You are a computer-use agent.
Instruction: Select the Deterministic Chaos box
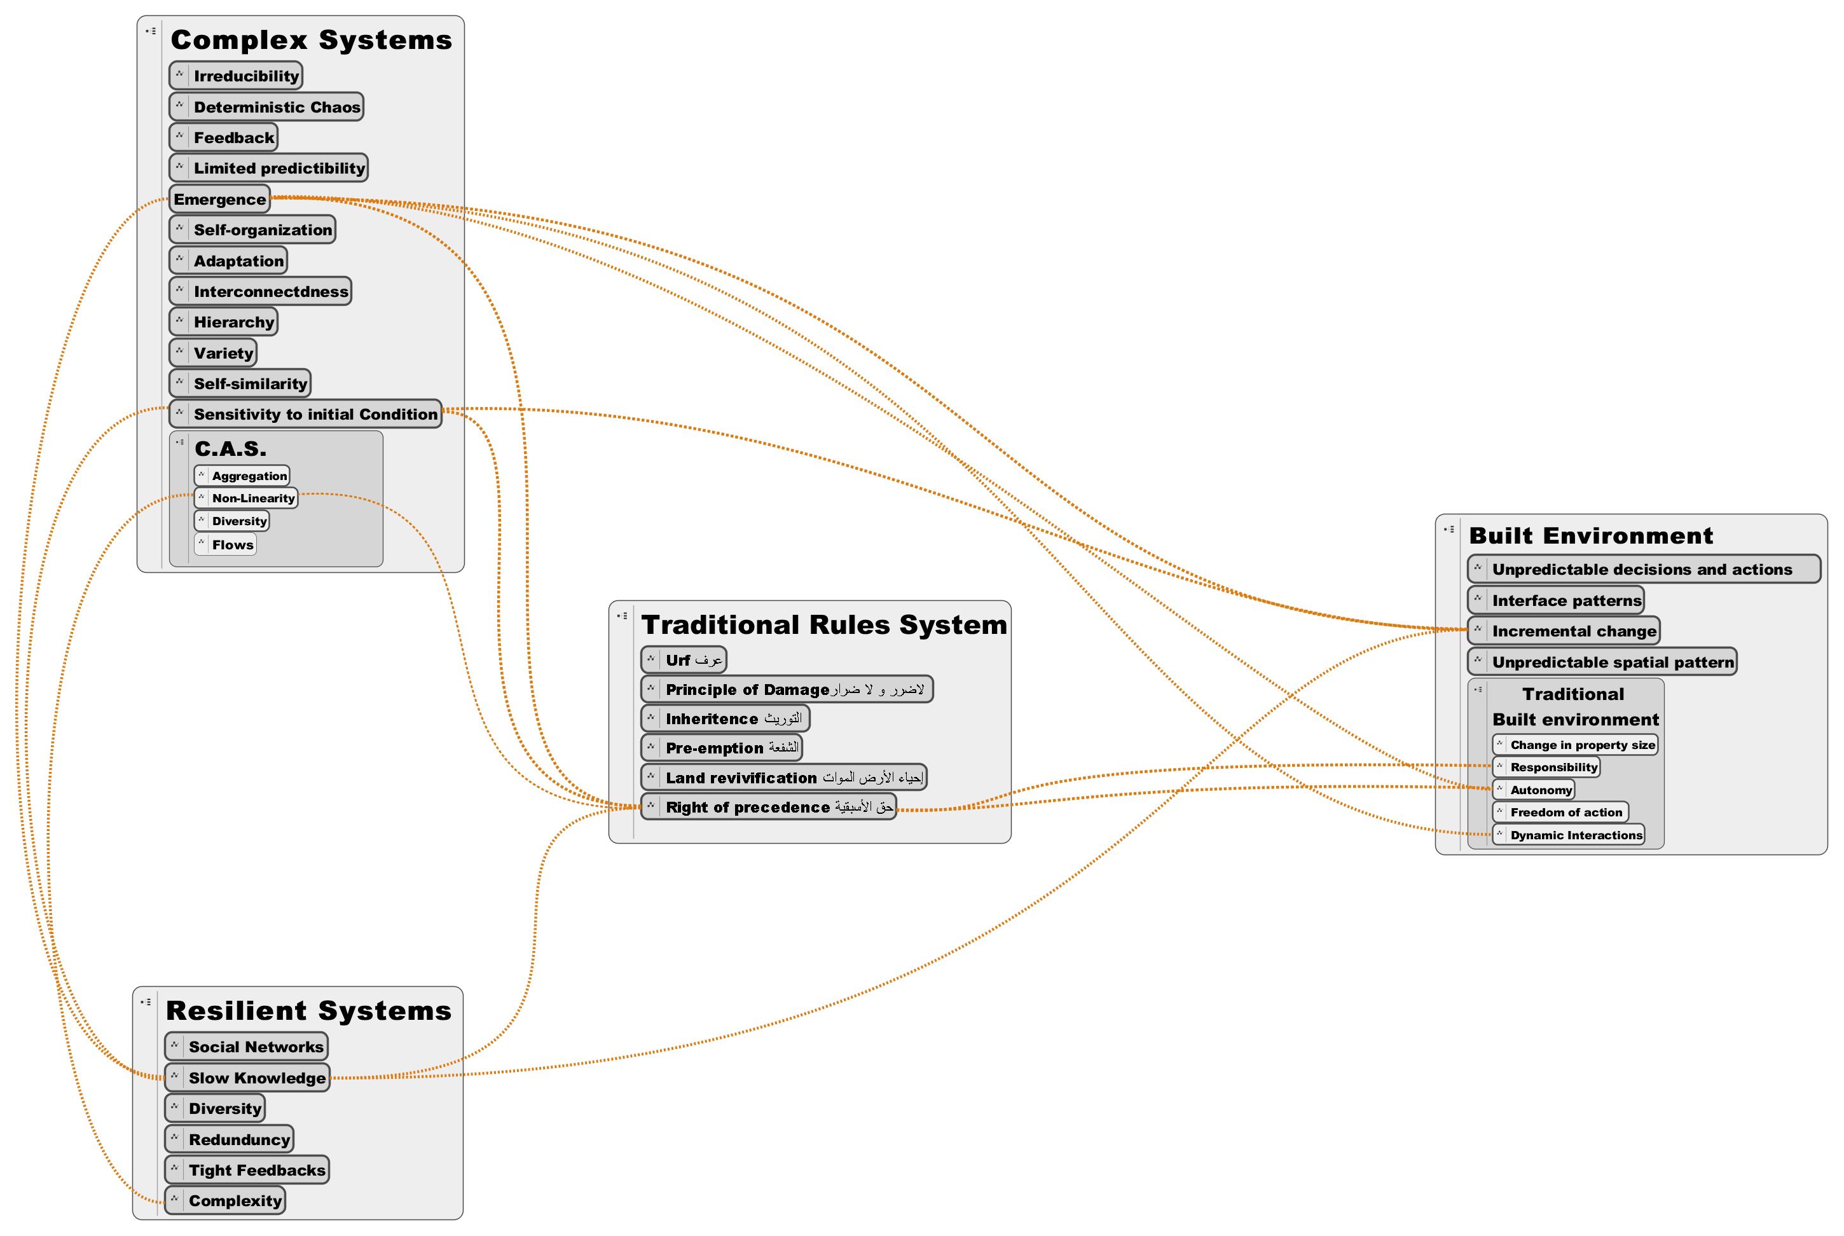(x=266, y=106)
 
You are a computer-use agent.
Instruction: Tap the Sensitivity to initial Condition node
(x=305, y=414)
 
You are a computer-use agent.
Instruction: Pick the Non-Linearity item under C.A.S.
(x=246, y=498)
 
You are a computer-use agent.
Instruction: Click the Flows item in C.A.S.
(x=226, y=545)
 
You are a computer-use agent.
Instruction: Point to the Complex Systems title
(x=312, y=39)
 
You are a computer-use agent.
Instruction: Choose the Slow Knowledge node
(x=247, y=1078)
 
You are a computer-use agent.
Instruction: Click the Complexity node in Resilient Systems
(x=224, y=1200)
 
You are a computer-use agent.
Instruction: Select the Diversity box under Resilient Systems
(x=214, y=1108)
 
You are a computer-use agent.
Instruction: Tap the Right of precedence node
(x=769, y=806)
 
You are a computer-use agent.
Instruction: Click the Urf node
(x=684, y=660)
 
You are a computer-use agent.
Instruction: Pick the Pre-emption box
(x=721, y=747)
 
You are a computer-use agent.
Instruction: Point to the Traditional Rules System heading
(x=824, y=624)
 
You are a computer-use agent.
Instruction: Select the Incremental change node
(x=1564, y=631)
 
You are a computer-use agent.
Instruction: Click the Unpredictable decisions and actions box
(x=1644, y=569)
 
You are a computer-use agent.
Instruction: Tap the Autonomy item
(x=1534, y=790)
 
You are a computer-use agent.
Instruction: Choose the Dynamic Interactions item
(x=1568, y=835)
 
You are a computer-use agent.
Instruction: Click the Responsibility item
(x=1546, y=767)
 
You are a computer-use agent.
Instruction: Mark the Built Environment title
(x=1591, y=536)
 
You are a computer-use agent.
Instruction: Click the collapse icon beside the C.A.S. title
(x=180, y=443)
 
